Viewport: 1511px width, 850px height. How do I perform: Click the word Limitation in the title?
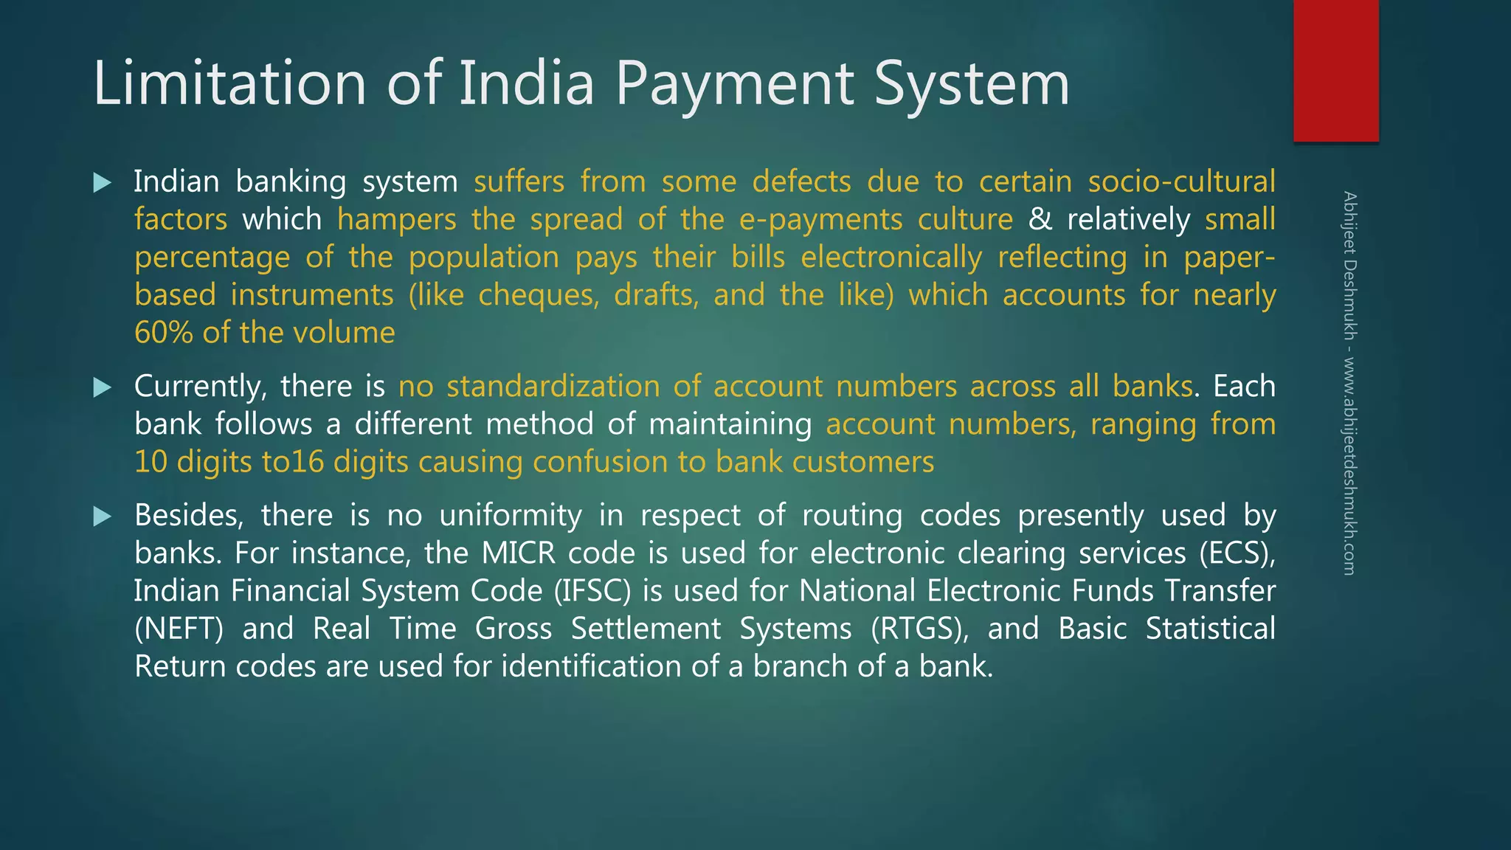tap(229, 83)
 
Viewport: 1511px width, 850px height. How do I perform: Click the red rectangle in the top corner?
tap(1335, 70)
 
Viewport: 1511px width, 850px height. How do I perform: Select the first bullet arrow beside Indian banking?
tap(103, 182)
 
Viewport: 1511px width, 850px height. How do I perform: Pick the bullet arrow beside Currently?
tap(103, 387)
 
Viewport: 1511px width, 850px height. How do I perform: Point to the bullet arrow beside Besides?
tap(103, 516)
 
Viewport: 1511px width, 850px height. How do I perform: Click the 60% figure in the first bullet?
tap(164, 333)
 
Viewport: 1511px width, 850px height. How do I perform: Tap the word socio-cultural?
tap(1181, 182)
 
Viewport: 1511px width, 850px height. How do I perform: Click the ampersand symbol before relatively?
tap(1040, 219)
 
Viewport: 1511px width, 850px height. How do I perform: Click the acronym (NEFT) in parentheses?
tap(179, 629)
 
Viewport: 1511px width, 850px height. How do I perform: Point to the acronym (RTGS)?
tap(919, 629)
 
